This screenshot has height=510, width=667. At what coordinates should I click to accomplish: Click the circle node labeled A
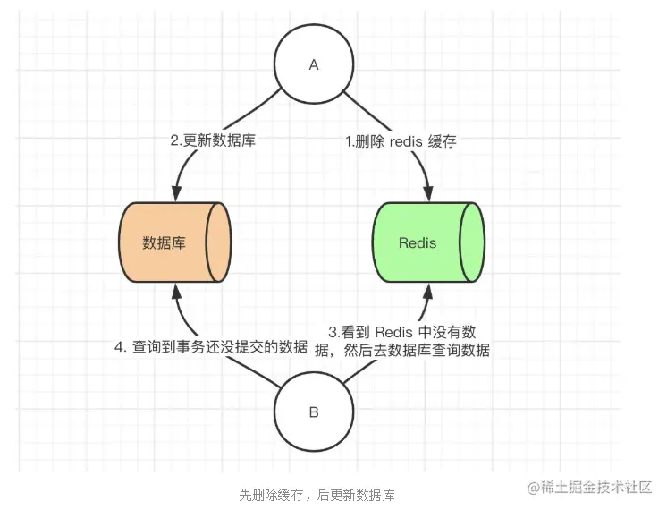[x=313, y=64]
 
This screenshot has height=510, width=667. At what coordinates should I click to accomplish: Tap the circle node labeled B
[x=313, y=412]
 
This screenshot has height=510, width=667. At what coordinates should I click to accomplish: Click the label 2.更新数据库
[x=213, y=140]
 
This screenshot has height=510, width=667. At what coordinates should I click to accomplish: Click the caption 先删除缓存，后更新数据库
[x=317, y=495]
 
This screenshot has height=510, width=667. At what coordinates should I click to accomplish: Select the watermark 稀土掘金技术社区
[x=597, y=487]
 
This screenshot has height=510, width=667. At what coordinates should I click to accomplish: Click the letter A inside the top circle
[x=313, y=64]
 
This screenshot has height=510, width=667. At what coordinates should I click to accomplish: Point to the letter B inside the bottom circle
[x=313, y=412]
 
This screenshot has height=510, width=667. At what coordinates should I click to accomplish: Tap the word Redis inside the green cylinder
[x=418, y=242]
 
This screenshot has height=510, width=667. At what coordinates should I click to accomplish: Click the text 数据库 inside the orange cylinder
[x=165, y=242]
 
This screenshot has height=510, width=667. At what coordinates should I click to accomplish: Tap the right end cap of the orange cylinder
[x=219, y=242]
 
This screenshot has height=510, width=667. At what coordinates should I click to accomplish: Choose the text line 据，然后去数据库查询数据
[x=402, y=351]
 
